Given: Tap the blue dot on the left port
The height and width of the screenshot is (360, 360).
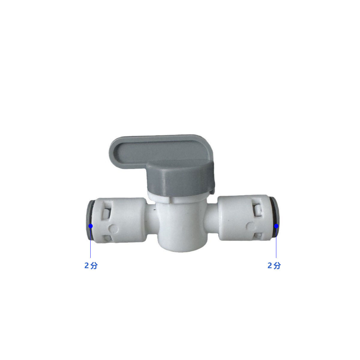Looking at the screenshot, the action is (91, 226).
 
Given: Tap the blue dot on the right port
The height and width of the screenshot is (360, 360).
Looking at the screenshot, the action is (276, 226).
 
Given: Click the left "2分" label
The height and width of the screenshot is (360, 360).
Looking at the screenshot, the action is (91, 265).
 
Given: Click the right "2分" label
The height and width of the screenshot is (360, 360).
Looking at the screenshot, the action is (274, 265).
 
